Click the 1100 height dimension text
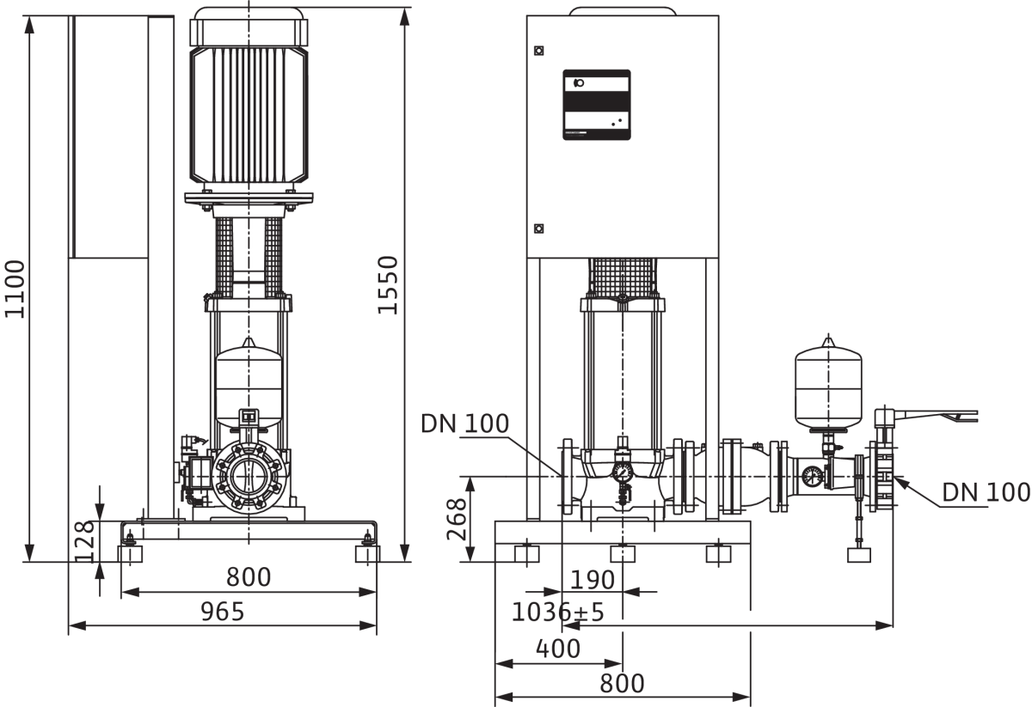15,289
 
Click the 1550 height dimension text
388,285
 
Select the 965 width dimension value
223,612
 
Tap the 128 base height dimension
85,541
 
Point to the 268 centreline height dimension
457,519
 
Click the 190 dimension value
593,580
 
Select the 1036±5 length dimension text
557,613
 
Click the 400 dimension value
558,649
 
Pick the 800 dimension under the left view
249,577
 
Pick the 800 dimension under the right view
622,684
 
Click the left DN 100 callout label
465,424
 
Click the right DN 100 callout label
986,492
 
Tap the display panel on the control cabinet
597,105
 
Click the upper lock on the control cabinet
538,51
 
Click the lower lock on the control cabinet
538,229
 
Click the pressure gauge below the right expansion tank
812,477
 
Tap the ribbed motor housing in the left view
249,115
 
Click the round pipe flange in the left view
249,477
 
